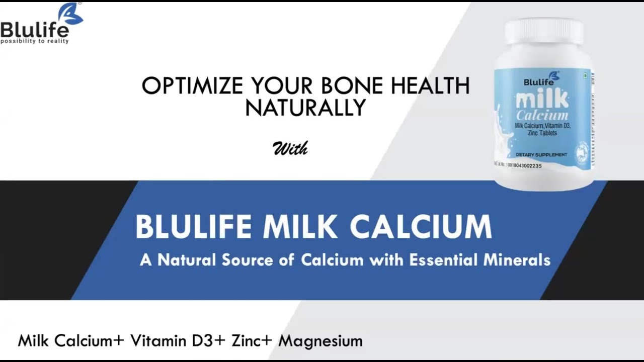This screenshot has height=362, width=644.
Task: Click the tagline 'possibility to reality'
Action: click(x=34, y=41)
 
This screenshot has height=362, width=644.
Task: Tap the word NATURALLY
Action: click(x=305, y=108)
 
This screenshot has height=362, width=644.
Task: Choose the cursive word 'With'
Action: click(x=290, y=148)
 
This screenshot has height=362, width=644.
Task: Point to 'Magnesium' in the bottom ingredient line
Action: click(x=320, y=341)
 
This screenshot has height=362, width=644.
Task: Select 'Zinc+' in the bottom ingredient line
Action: click(x=252, y=341)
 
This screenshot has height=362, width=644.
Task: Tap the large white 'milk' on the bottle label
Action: click(x=542, y=98)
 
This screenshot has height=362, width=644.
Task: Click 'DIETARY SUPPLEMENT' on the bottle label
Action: click(x=541, y=154)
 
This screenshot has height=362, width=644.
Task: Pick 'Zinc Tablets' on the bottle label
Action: click(x=541, y=132)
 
